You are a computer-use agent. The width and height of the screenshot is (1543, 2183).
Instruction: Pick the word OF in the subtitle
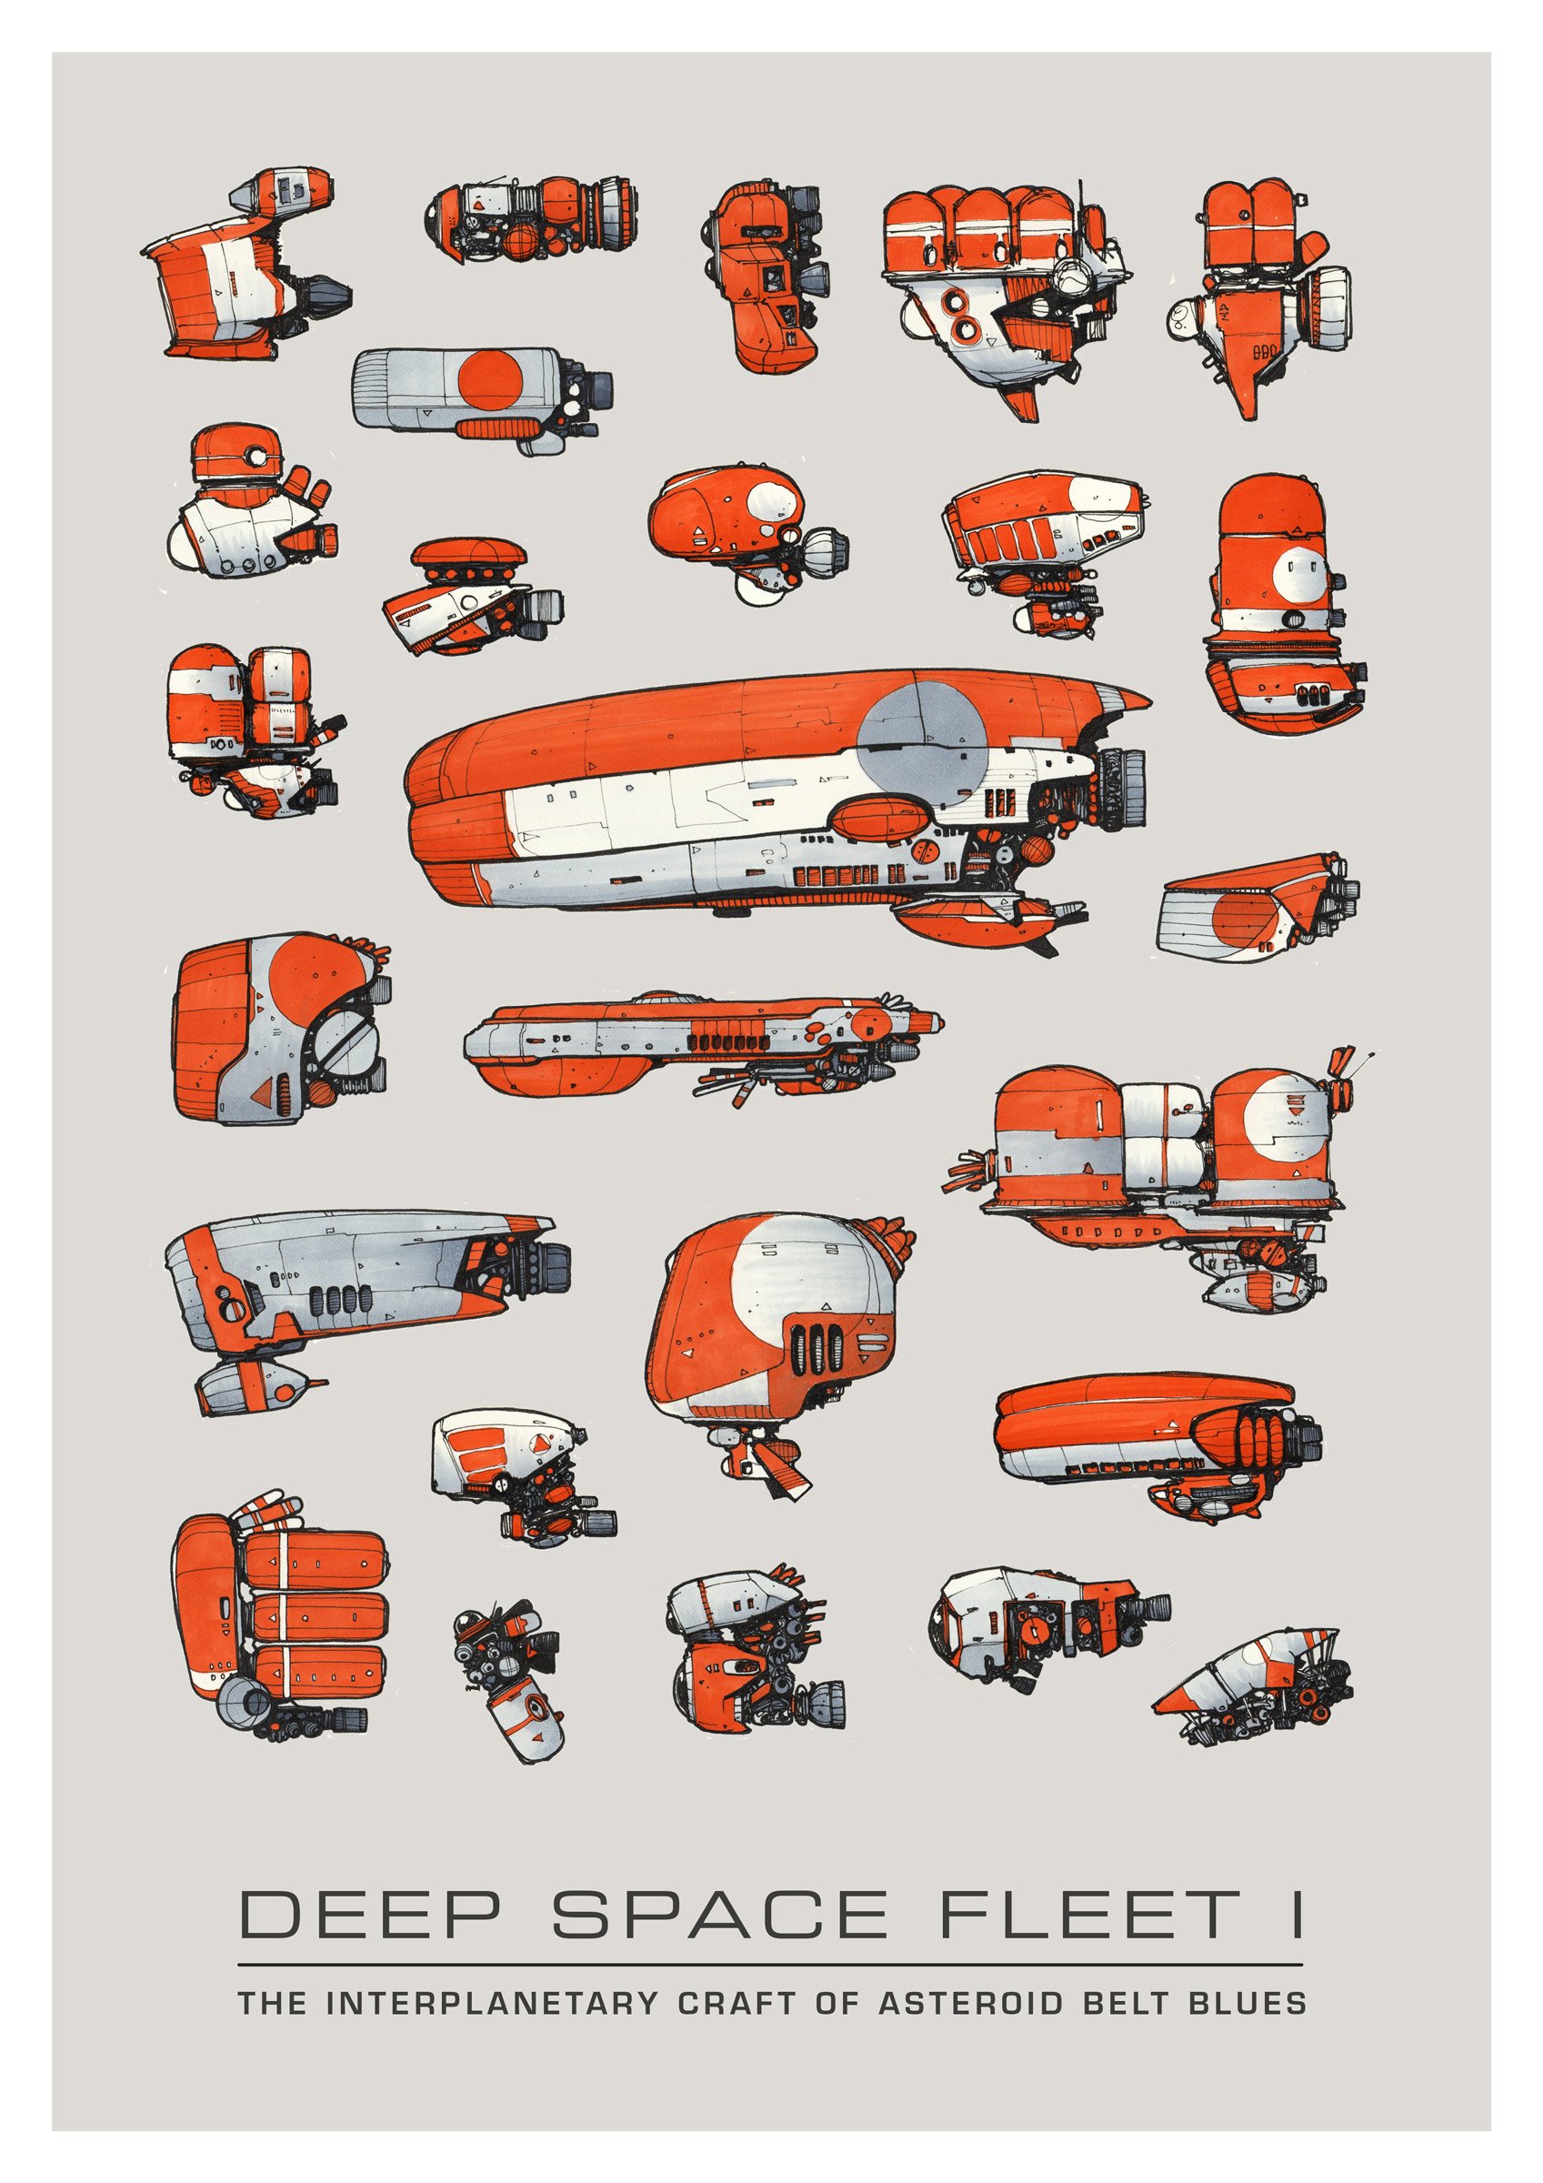(836, 2002)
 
